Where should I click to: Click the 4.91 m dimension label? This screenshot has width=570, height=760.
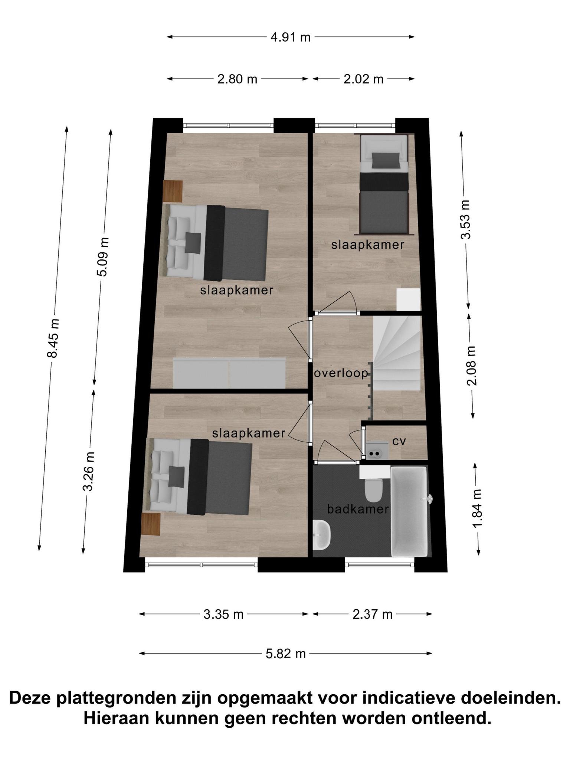pyautogui.click(x=290, y=37)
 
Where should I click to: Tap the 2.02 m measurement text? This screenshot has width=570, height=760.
pyautogui.click(x=363, y=79)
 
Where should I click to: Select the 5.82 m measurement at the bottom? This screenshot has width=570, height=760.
pyautogui.click(x=285, y=653)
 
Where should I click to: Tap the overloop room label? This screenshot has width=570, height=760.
pyautogui.click(x=341, y=373)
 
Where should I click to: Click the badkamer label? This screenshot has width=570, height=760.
pyautogui.click(x=358, y=509)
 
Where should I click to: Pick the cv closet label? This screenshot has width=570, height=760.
pyautogui.click(x=399, y=442)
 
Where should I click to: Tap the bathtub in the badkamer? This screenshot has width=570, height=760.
pyautogui.click(x=410, y=512)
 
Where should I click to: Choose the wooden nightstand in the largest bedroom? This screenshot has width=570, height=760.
pyautogui.click(x=173, y=191)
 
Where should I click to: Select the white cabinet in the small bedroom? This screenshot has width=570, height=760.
pyautogui.click(x=409, y=299)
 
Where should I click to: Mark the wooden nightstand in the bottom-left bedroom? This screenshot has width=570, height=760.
pyautogui.click(x=151, y=524)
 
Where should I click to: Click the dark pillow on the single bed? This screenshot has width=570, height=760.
pyautogui.click(x=387, y=160)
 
